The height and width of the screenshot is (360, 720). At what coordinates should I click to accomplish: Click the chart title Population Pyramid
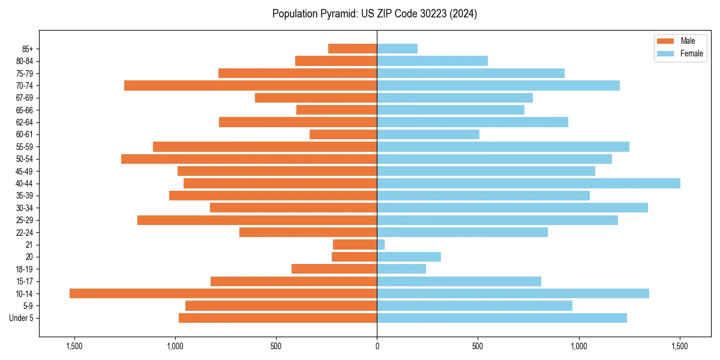[374, 14]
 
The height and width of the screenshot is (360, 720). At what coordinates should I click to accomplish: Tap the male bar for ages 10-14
[223, 293]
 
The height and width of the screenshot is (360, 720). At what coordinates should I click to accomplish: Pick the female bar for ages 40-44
[528, 184]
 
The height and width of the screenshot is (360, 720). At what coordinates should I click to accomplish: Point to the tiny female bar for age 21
[381, 245]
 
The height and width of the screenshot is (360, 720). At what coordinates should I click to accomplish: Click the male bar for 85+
[353, 49]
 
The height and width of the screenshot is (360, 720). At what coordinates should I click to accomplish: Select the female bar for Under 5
[502, 318]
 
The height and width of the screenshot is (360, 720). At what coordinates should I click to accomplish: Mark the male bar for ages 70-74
[250, 86]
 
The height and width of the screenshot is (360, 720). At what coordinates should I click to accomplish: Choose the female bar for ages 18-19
[401, 269]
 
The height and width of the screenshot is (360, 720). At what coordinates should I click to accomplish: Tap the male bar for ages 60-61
[343, 134]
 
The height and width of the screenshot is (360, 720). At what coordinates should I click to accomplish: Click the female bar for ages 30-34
[512, 208]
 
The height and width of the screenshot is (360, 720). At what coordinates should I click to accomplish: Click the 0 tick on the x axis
[377, 346]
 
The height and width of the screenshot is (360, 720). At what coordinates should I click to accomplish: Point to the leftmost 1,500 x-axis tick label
[74, 346]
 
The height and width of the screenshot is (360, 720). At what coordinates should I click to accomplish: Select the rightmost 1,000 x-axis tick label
[578, 346]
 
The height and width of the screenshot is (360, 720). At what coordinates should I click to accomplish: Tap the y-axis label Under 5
[21, 318]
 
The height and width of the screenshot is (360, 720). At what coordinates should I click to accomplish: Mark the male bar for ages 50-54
[249, 159]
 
